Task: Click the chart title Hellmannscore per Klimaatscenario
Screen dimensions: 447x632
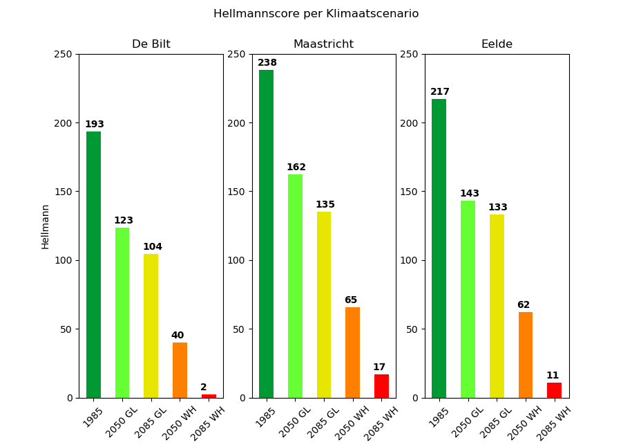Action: coord(316,14)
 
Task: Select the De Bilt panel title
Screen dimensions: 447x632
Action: coord(151,44)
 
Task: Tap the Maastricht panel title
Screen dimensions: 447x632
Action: coord(323,44)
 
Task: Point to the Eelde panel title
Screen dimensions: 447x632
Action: coord(497,44)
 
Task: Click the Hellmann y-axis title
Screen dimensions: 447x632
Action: coord(46,226)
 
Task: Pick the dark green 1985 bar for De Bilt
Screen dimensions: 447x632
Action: coord(93,264)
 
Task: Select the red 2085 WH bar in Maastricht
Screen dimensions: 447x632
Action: coord(381,386)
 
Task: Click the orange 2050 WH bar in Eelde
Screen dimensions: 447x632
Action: coord(526,355)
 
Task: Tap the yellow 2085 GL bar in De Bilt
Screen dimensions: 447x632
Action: coord(151,326)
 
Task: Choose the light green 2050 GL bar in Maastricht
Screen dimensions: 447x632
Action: coord(295,286)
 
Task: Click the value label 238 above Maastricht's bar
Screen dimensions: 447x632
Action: coord(267,63)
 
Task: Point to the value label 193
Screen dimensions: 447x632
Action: coord(94,125)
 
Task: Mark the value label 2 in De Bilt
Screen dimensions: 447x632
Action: coord(204,387)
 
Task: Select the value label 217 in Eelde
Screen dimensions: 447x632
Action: coord(439,92)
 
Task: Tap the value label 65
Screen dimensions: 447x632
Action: coord(351,300)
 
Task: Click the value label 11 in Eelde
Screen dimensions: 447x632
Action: coord(553,376)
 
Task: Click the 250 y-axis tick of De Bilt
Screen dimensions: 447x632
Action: coord(63,54)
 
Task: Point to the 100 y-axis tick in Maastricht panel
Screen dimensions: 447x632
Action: coord(236,260)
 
